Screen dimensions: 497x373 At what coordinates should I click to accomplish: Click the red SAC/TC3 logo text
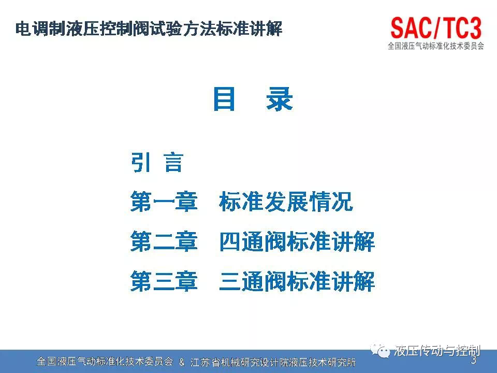(x=436, y=28)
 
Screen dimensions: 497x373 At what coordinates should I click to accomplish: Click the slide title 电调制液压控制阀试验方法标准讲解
(x=149, y=29)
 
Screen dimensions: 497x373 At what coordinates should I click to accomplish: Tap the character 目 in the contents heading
(x=224, y=99)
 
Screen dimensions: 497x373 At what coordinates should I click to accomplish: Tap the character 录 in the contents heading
(x=279, y=99)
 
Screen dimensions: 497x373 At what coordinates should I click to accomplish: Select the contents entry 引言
(x=157, y=163)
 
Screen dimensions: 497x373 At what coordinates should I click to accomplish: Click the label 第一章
(x=164, y=202)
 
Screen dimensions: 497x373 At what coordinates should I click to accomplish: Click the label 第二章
(x=164, y=241)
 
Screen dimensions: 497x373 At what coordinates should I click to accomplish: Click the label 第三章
(x=164, y=281)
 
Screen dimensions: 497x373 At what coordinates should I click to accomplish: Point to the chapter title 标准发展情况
(x=286, y=202)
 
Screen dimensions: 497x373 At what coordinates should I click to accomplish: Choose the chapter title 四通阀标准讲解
(x=297, y=241)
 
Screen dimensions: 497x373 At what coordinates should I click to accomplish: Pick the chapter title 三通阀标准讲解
(x=297, y=281)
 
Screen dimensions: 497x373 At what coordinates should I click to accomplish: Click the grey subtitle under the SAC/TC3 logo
(x=436, y=46)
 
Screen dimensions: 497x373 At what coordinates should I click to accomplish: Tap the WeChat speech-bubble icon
(x=381, y=351)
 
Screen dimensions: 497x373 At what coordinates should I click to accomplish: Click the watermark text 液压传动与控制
(x=437, y=351)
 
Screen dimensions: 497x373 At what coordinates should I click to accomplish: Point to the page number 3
(x=474, y=360)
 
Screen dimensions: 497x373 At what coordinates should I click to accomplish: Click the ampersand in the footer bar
(x=182, y=362)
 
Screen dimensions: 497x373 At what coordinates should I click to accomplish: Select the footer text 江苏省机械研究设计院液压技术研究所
(x=273, y=362)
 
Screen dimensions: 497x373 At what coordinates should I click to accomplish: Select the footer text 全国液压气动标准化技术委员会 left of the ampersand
(x=105, y=362)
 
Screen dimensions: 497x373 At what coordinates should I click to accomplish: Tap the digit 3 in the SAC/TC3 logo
(x=475, y=28)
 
